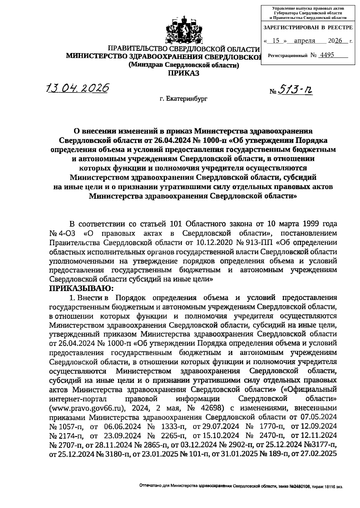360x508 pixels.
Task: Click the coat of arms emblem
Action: pos(184,31)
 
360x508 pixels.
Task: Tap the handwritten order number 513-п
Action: pos(295,89)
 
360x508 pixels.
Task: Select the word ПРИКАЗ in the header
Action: pos(184,73)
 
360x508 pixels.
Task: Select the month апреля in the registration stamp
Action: pos(304,41)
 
